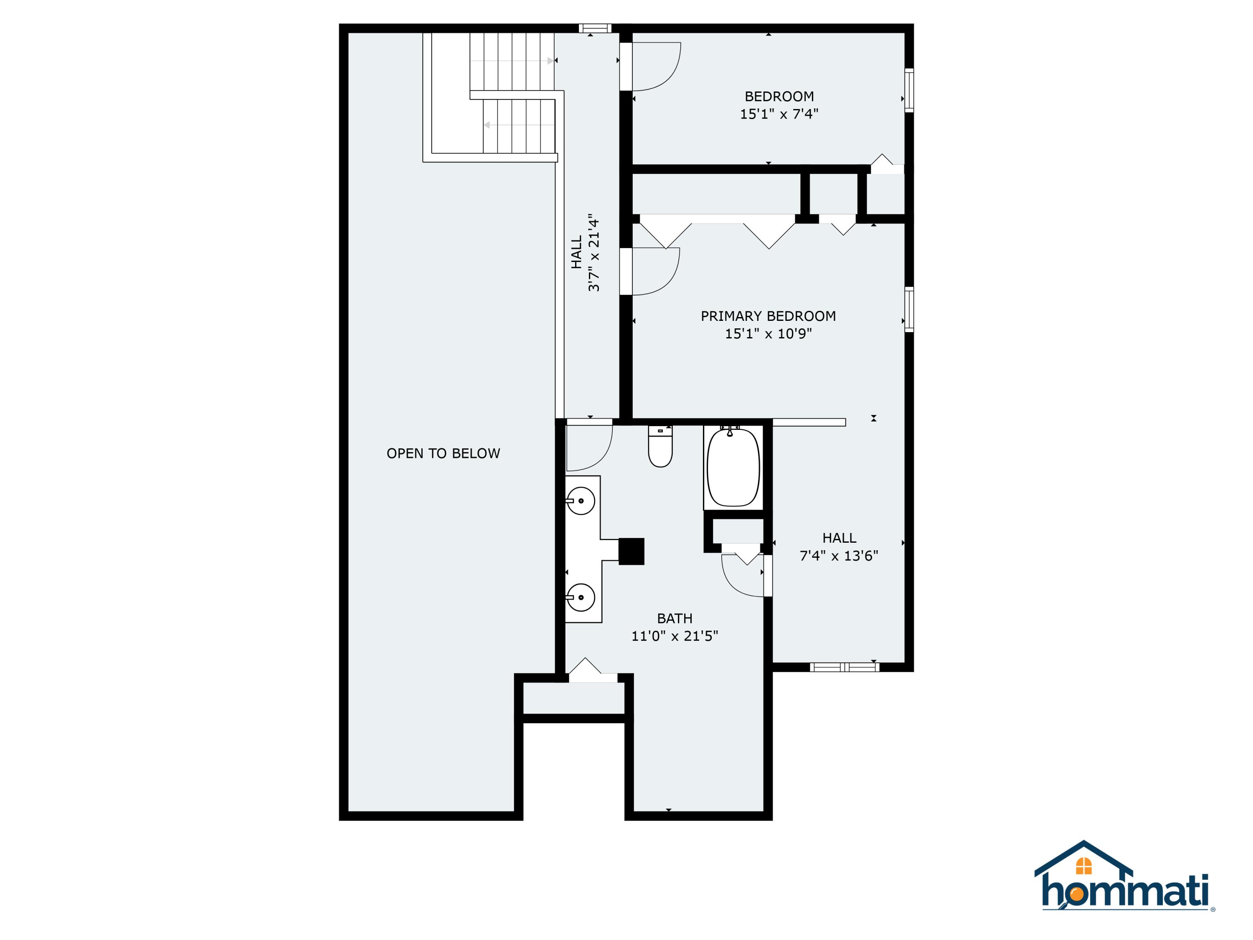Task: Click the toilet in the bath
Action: (660, 447)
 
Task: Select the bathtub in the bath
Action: (733, 467)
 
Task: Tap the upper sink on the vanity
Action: (581, 501)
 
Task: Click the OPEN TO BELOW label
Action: (443, 453)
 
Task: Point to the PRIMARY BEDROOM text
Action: (768, 316)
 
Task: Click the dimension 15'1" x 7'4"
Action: (779, 114)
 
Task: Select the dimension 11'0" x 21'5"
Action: (675, 636)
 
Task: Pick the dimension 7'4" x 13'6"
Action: (839, 556)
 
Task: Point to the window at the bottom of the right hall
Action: (844, 668)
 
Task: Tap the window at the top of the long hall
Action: (595, 28)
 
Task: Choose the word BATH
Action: (675, 618)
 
